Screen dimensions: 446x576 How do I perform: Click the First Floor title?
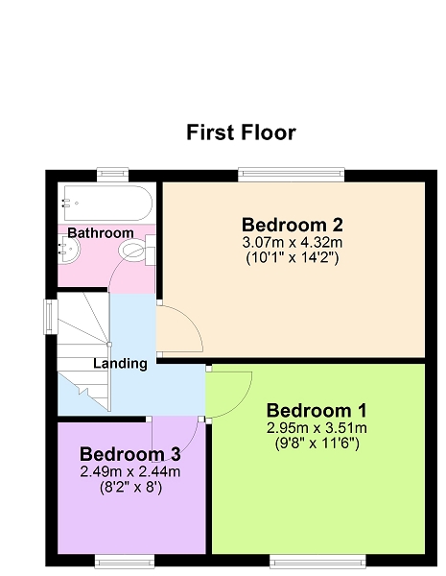(x=241, y=132)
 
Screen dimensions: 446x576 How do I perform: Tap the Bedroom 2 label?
(x=293, y=225)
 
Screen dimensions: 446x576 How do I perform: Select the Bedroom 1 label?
(x=317, y=410)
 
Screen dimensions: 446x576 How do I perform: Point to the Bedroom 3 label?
(x=129, y=454)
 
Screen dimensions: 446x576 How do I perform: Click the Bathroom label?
(x=101, y=233)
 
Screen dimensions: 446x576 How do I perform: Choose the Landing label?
(x=120, y=363)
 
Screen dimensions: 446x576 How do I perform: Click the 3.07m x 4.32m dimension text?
(x=293, y=242)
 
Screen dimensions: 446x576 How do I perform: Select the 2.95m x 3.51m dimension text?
(x=317, y=428)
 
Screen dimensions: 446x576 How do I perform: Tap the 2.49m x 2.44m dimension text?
(x=129, y=471)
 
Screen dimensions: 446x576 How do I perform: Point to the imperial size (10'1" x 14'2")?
(x=293, y=257)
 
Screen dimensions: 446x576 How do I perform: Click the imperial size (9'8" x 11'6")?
(x=317, y=444)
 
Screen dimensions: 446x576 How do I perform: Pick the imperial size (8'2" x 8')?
(x=130, y=487)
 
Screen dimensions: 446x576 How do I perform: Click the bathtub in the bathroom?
(x=108, y=204)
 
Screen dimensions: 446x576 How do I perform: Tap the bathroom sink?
(x=69, y=249)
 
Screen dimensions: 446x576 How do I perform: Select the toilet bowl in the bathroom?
(x=133, y=251)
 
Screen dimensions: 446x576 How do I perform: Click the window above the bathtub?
(x=112, y=175)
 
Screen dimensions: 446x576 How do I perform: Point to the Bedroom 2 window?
(x=291, y=175)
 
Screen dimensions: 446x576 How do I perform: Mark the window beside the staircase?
(x=51, y=317)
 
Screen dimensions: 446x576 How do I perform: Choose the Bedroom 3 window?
(x=125, y=562)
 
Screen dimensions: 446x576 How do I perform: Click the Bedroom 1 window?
(x=317, y=562)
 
